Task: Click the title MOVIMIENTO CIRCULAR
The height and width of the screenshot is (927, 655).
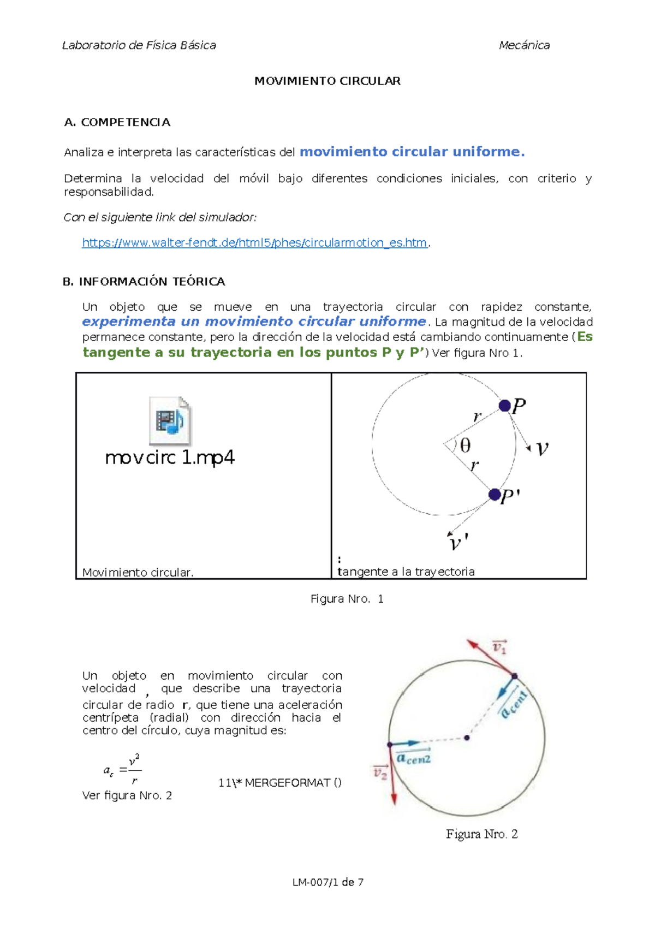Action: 327,81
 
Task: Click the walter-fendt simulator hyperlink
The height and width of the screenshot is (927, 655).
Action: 254,243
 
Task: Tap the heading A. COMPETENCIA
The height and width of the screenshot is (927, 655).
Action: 117,122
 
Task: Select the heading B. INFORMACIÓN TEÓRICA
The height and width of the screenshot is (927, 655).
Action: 144,282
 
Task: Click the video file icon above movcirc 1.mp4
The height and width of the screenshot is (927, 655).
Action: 170,420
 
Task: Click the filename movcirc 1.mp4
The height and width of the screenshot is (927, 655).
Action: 170,457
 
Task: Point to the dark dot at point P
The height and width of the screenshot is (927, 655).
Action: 504,406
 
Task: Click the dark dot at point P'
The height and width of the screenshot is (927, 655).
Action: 495,495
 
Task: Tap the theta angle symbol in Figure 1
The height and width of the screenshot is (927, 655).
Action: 465,446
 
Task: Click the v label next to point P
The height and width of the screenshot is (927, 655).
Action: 542,449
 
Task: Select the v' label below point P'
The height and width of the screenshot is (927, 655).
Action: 457,543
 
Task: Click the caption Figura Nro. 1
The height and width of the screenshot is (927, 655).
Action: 347,599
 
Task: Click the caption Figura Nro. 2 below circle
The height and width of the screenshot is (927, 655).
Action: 481,834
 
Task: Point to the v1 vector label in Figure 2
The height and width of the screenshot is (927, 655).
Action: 499,647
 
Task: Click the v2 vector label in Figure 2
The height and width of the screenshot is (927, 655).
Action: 380,772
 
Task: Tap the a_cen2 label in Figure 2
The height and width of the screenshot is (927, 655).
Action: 414,758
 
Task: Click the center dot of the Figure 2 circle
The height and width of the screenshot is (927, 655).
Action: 467,738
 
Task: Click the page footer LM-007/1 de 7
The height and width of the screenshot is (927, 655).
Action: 327,882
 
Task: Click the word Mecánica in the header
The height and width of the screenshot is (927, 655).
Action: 524,45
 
